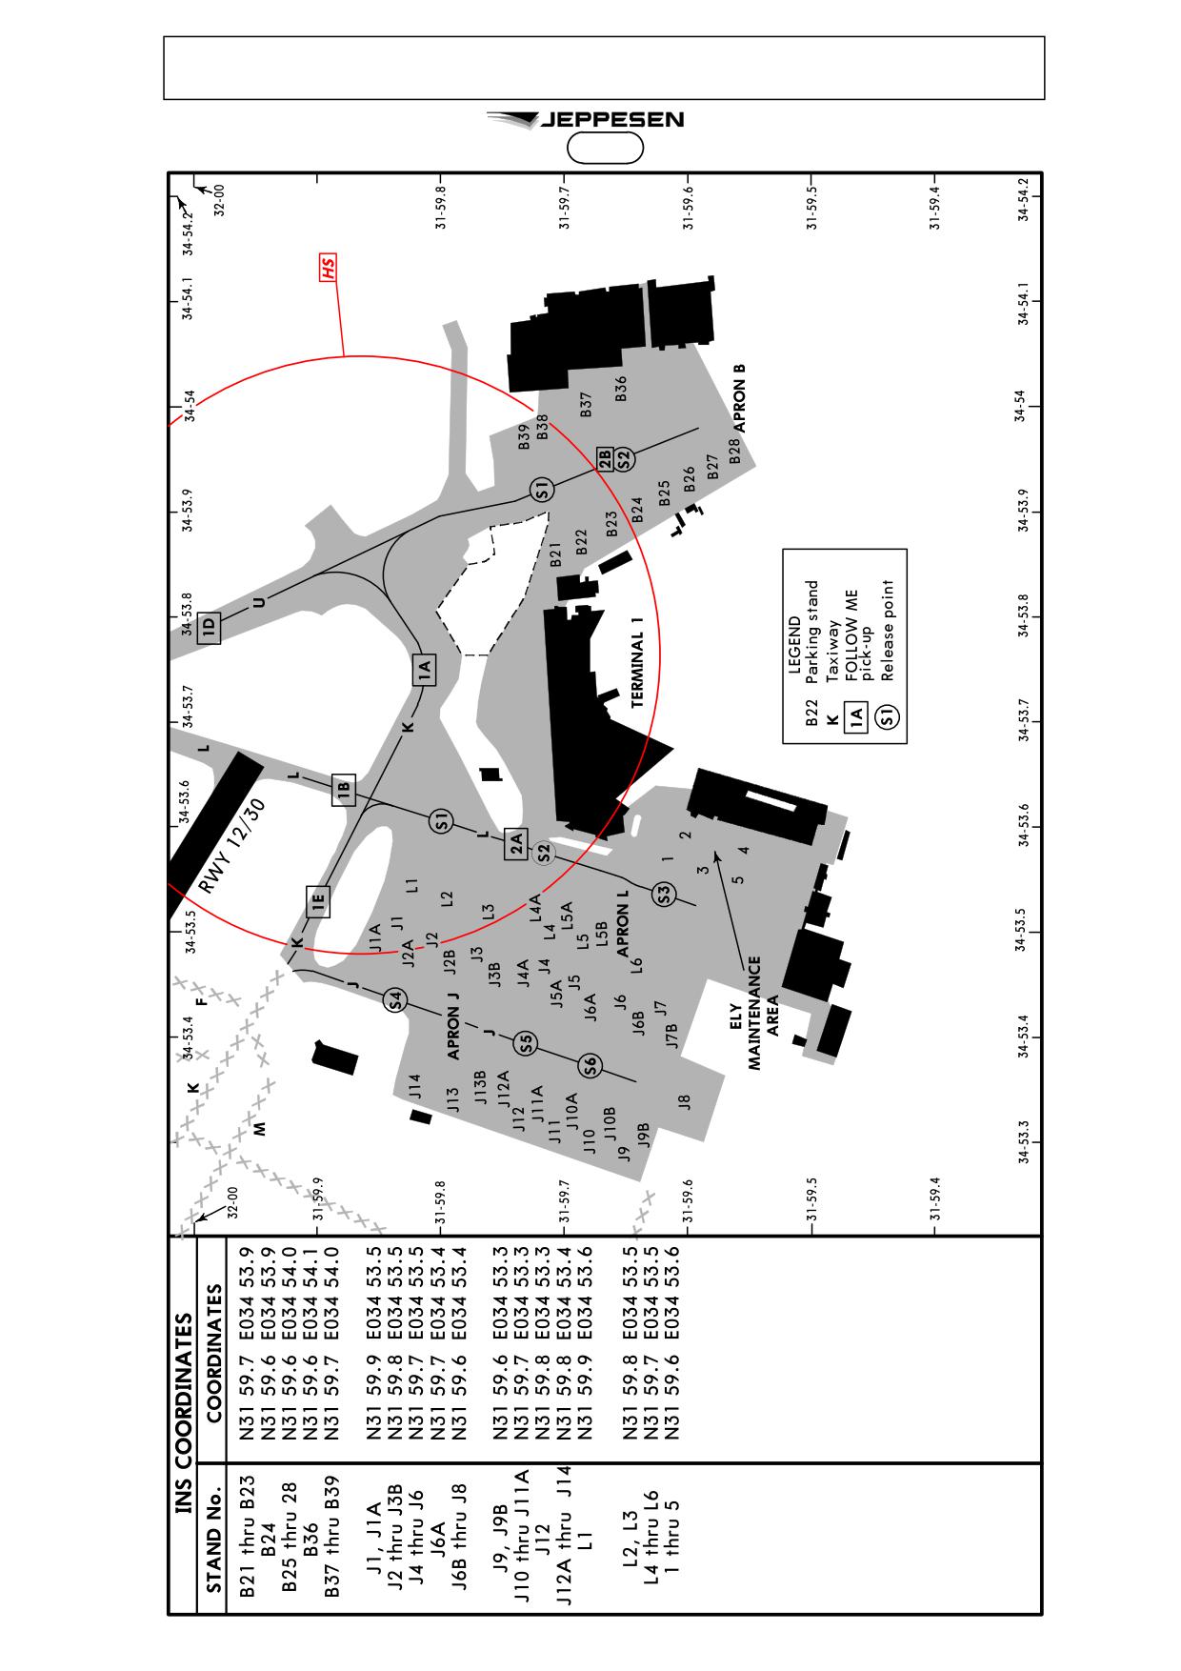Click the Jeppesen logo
585,120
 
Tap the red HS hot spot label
329,268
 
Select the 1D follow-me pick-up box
209,627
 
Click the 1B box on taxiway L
344,790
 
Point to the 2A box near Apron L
516,843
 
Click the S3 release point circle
665,894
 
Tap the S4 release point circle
395,999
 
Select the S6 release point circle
590,1066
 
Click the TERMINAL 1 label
638,659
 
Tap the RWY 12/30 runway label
232,846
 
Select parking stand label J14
414,1087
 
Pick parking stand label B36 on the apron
621,389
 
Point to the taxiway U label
259,602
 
